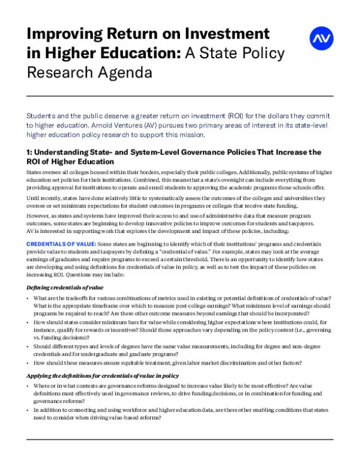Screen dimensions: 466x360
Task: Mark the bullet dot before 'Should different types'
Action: [29, 346]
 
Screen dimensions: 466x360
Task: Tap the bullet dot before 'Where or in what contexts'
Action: [29, 386]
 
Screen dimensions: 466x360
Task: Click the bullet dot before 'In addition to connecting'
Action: [29, 410]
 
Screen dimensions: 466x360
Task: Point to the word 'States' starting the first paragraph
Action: [35, 172]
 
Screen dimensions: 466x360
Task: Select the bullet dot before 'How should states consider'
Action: [29, 323]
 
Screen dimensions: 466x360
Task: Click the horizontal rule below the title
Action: [180, 96]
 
